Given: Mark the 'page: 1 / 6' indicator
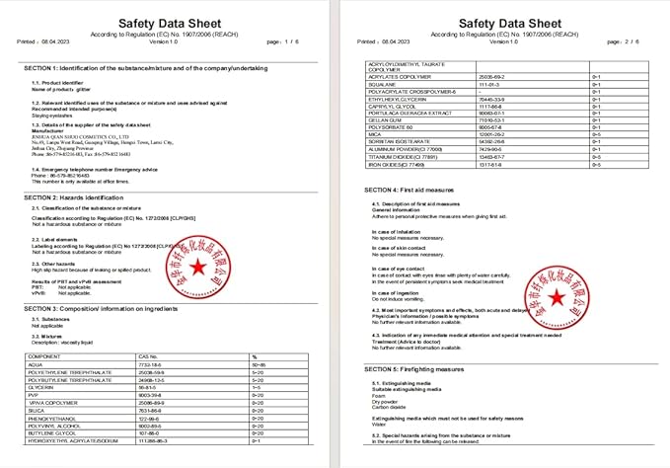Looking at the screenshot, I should click(x=287, y=41).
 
